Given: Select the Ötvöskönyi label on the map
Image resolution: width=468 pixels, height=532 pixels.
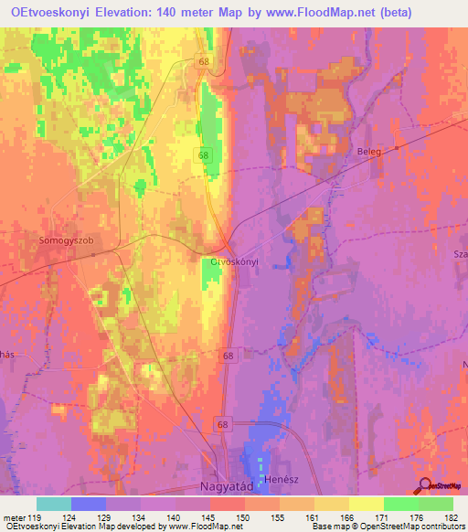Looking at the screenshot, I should click(x=235, y=261).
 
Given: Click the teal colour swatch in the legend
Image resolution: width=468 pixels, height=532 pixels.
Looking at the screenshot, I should click(x=54, y=504).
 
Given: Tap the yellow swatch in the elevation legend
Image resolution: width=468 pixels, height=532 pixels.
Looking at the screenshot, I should click(x=366, y=504).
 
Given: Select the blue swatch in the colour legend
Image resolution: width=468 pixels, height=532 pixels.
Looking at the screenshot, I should click(x=89, y=504).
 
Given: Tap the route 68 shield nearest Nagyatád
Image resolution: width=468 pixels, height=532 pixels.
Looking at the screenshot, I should click(x=223, y=424).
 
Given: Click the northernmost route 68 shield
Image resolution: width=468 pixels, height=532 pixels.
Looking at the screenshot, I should click(x=203, y=61).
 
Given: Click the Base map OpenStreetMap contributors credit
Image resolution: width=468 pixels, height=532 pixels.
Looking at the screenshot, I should click(x=385, y=527).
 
